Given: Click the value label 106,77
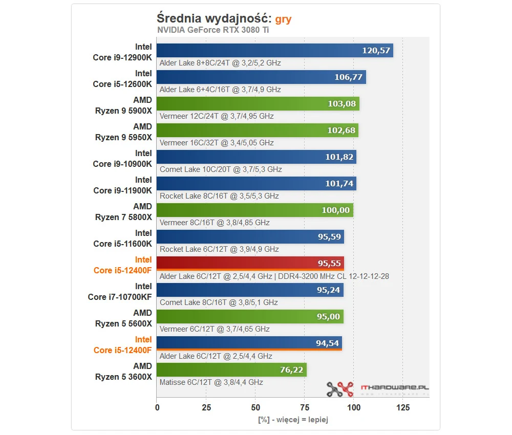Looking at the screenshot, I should click(348, 77).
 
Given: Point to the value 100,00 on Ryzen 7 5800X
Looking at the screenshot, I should click(335, 210).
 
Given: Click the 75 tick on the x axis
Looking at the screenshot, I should click(305, 408).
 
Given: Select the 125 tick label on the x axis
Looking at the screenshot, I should click(403, 408).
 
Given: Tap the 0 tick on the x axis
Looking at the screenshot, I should click(157, 408).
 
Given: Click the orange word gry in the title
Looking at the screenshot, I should click(283, 19).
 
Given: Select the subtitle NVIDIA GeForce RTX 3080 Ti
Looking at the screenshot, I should click(212, 30).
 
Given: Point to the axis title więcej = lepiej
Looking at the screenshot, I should click(292, 420).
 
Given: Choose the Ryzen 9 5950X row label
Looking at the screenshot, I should click(123, 132).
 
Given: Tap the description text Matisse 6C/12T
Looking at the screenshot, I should click(211, 382).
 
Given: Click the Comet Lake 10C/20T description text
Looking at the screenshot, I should click(221, 169).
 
